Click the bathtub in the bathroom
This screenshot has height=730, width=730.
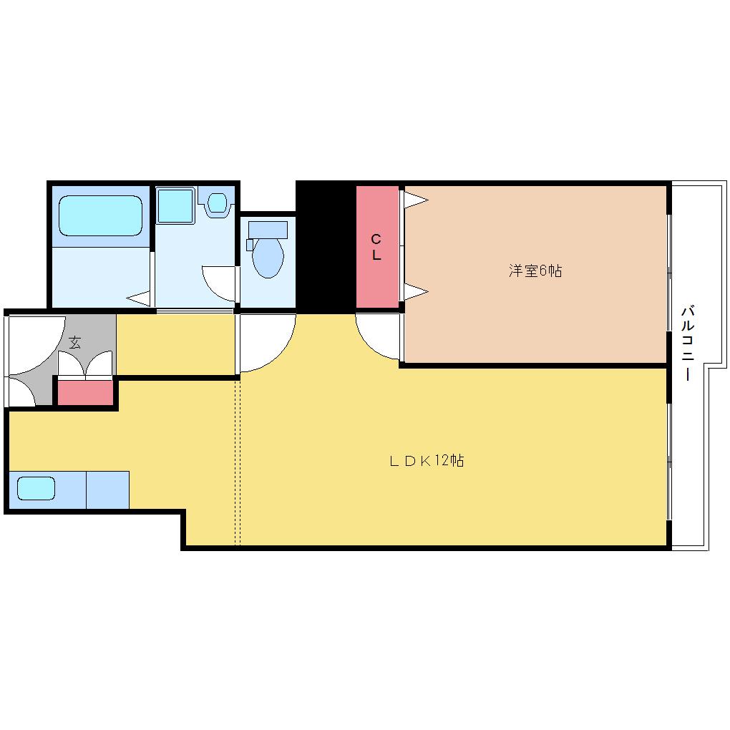click(100, 216)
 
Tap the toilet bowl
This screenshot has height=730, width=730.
click(268, 258)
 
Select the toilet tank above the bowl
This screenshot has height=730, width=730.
click(268, 230)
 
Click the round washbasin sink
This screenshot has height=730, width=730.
click(216, 203)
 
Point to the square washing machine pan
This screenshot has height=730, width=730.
click(175, 205)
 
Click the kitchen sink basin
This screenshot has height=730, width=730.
click(36, 488)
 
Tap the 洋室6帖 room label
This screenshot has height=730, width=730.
click(535, 271)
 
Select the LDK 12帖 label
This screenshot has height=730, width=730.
click(427, 461)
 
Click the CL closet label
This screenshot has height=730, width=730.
click(376, 247)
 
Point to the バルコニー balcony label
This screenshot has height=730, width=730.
click(688, 344)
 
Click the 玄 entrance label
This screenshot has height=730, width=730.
click(74, 343)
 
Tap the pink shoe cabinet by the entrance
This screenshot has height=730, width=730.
click(86, 393)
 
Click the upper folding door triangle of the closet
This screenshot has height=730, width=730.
click(416, 200)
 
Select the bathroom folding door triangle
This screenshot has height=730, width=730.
click(139, 298)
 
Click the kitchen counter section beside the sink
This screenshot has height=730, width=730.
click(107, 490)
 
